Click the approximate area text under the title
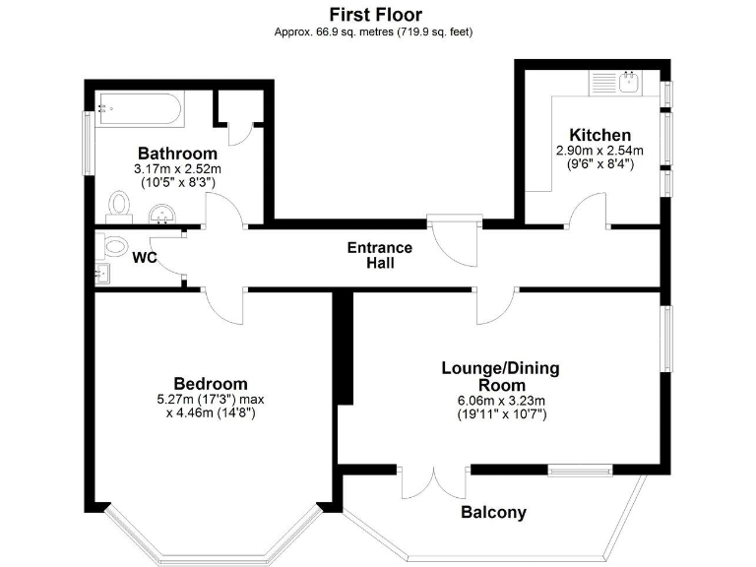tap(374, 31)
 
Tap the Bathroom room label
tap(177, 154)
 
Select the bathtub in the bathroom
tap(139, 108)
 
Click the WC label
tap(146, 258)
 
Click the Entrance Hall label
tap(379, 255)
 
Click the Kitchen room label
tap(599, 135)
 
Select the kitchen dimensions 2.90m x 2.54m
tap(599, 151)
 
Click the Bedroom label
tap(211, 383)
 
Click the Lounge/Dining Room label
tap(499, 376)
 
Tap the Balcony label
tap(493, 512)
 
